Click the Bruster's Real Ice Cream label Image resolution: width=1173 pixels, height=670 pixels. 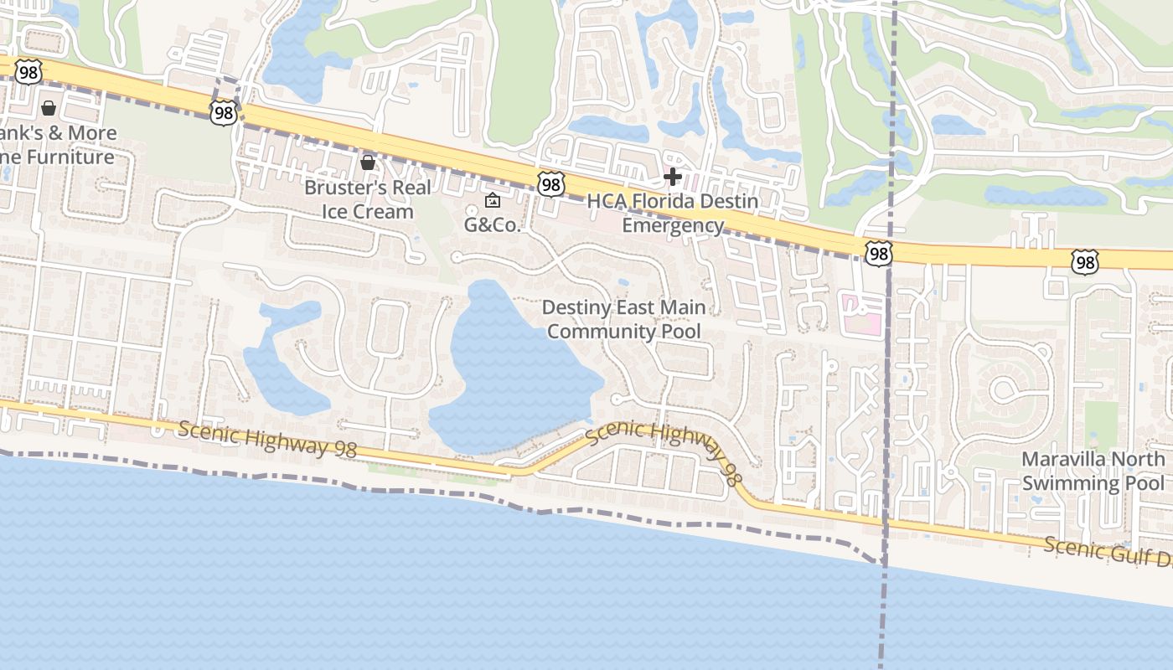[x=368, y=199]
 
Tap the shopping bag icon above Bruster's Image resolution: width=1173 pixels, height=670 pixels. [x=367, y=162]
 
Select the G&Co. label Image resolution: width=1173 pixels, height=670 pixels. [x=493, y=224]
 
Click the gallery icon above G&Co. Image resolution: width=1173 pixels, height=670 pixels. [x=492, y=200]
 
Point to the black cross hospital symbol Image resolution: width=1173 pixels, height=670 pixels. [x=672, y=177]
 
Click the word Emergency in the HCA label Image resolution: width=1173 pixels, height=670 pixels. [x=673, y=225]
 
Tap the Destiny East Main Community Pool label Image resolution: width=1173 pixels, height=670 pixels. [x=624, y=319]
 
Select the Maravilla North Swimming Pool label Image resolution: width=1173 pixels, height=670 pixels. [x=1093, y=471]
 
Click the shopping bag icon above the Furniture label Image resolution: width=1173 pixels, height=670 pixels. [x=49, y=108]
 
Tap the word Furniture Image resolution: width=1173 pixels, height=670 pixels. [x=70, y=157]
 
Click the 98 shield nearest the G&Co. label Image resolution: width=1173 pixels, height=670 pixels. [x=550, y=184]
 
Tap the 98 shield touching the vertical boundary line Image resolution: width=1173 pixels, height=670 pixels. [x=879, y=254]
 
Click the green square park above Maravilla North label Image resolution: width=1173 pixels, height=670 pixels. [x=1101, y=423]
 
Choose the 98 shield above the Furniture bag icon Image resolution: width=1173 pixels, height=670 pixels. [x=28, y=71]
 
